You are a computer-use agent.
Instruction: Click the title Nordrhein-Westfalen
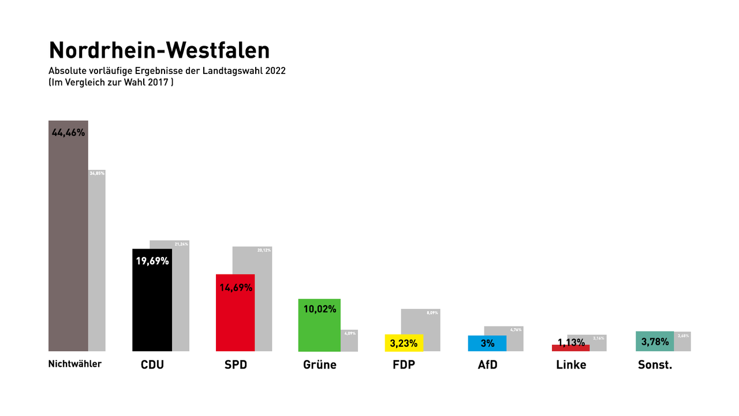coord(159,50)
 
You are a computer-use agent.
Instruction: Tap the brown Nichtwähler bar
coord(68,243)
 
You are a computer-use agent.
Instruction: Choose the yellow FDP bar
coord(404,343)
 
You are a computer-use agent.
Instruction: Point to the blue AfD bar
coord(487,343)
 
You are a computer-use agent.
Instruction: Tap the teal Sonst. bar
coord(655,341)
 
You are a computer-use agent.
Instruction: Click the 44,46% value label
coord(68,132)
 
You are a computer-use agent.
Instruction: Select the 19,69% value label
coord(152,261)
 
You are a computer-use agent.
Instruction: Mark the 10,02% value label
coord(320,309)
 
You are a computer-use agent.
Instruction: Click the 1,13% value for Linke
coord(572,342)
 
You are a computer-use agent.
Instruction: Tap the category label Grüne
coord(319,365)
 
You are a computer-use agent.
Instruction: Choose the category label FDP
coord(403,365)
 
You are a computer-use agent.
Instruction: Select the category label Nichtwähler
coord(75,364)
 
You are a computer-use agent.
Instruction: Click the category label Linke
coord(571,365)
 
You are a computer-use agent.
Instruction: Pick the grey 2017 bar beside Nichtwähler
coord(97,260)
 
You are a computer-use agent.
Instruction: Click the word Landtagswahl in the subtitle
coord(223,71)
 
